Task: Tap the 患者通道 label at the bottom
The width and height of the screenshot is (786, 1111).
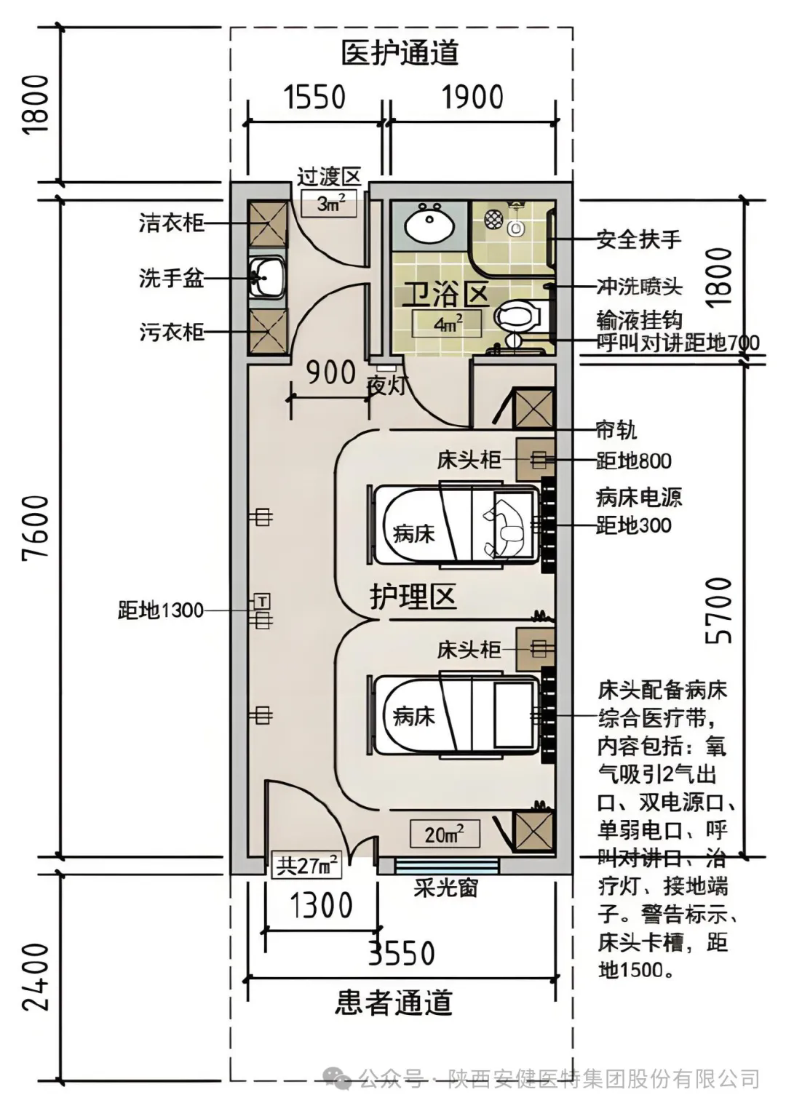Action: coord(394,1003)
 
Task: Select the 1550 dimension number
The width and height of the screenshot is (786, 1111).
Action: coord(314,97)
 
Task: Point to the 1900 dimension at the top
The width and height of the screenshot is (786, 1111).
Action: coord(472,97)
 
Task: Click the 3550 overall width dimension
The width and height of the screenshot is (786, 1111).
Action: coord(401,953)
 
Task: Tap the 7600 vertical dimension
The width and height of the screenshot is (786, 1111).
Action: coord(36,527)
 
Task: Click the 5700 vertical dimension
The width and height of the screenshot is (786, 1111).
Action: coord(719,610)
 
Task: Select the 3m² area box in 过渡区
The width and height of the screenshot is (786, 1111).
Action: coord(330,203)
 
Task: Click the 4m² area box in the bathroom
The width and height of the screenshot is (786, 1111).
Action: coord(447,324)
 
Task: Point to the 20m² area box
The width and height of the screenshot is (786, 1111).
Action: coord(444,835)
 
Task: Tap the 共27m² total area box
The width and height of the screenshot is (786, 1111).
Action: coord(306,866)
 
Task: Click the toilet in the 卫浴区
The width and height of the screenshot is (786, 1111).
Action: coord(518,316)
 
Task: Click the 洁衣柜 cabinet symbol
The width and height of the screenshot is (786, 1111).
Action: coord(267,223)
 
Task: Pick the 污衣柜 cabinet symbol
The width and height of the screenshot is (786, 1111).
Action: coord(267,332)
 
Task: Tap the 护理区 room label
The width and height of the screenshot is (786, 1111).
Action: coord(413,597)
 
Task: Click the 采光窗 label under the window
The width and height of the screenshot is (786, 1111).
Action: coord(445,888)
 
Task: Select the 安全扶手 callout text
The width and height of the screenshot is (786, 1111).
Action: coord(638,239)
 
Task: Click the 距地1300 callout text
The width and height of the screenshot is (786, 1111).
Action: coord(161,610)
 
